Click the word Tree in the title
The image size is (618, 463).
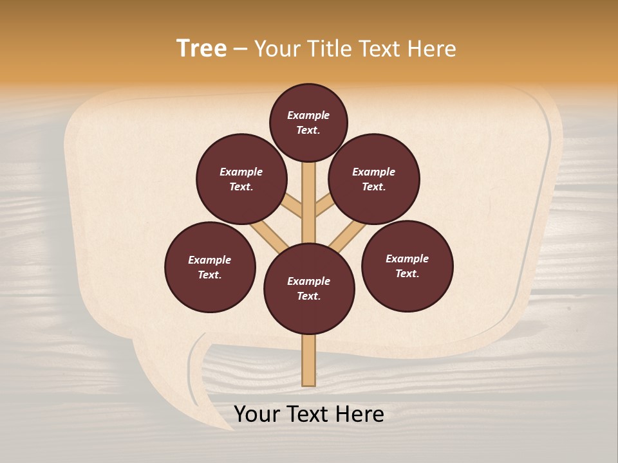tap(201, 49)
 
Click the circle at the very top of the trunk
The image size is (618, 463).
tap(308, 123)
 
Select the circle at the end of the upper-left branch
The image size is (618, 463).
tap(241, 179)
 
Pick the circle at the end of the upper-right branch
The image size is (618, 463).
tap(374, 179)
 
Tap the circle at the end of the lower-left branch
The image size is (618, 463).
tap(210, 267)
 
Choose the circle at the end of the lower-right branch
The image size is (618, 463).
tap(407, 266)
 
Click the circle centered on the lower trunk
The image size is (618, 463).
tap(309, 288)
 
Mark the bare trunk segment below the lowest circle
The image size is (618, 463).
tap(309, 360)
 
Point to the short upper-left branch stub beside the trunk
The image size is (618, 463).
tap(293, 206)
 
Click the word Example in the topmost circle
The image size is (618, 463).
tap(308, 116)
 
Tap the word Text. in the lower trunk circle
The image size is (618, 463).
tap(308, 296)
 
